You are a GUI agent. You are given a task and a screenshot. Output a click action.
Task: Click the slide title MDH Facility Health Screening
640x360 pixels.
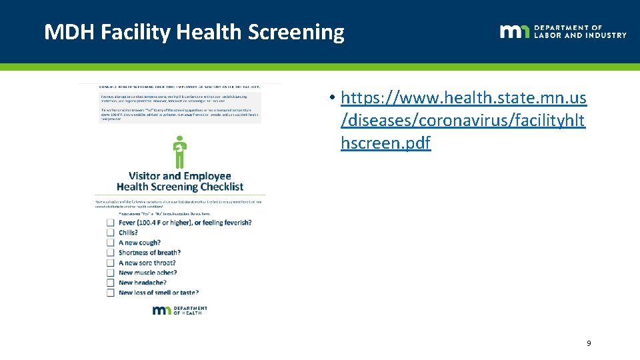point(194,32)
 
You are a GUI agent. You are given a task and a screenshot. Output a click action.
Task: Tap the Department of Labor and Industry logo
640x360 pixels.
point(563,31)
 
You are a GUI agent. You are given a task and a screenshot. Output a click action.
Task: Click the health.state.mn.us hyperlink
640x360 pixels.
point(463,121)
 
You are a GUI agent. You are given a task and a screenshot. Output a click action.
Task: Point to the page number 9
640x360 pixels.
point(588,343)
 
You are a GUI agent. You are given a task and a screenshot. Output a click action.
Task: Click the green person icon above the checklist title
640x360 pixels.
point(179,152)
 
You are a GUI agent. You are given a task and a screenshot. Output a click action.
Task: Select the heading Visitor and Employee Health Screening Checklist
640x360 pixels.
point(179,181)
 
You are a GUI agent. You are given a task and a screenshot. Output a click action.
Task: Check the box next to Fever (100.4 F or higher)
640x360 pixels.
point(111,222)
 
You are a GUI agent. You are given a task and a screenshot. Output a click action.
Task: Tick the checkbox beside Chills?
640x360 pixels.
point(111,233)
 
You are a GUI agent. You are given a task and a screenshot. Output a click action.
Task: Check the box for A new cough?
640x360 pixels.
point(111,243)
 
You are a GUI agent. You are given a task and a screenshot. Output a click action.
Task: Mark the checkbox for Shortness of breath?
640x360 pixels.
point(111,253)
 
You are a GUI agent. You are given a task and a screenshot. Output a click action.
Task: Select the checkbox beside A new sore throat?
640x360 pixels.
point(111,263)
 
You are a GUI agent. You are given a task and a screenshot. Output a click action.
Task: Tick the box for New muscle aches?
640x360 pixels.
point(111,273)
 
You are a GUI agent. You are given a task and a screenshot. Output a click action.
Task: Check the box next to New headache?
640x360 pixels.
point(111,283)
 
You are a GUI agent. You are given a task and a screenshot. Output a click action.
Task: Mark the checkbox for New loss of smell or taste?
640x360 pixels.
point(111,293)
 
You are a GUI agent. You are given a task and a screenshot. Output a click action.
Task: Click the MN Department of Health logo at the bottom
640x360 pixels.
point(179,310)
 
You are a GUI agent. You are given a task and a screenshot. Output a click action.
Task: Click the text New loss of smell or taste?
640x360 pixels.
point(159,293)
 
